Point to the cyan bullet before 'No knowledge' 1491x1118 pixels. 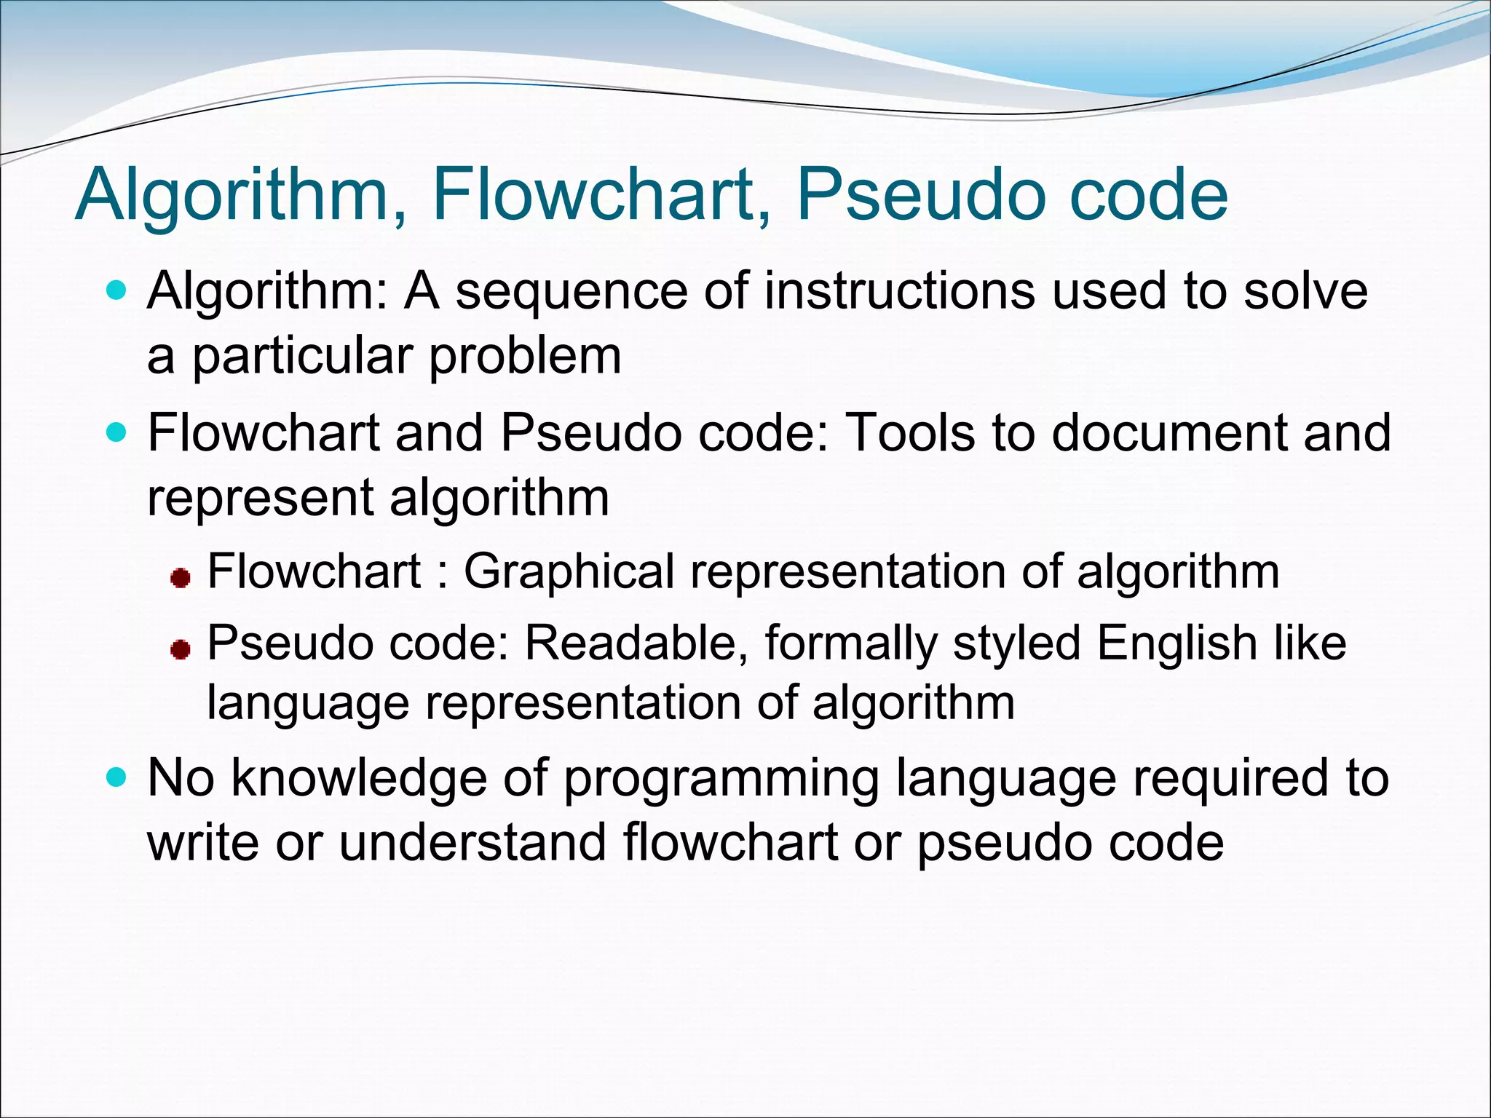coord(116,778)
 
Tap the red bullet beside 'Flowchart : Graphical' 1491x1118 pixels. coord(180,579)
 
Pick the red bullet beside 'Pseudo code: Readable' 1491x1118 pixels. coord(180,649)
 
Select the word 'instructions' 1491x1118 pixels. coord(900,291)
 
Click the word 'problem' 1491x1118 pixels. coord(525,357)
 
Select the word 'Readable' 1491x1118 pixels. coord(630,643)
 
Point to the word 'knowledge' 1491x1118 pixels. coord(360,779)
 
